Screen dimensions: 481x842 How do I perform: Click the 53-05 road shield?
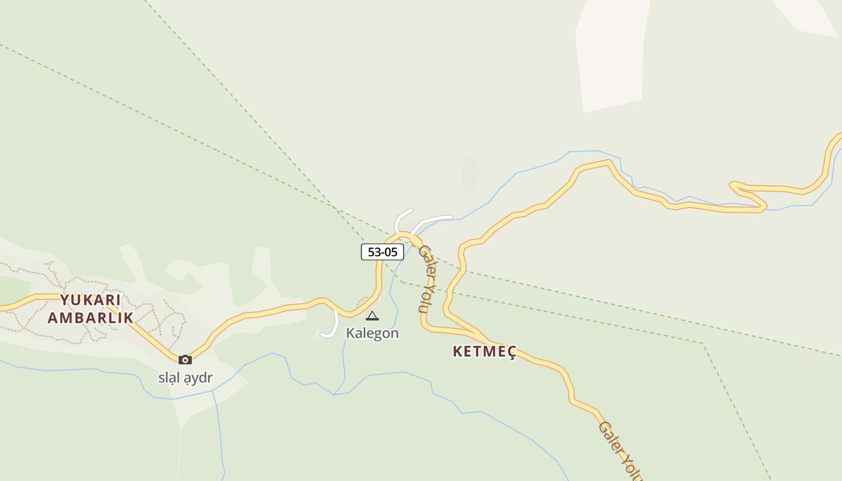click(382, 252)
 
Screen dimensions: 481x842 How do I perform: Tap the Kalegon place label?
click(372, 333)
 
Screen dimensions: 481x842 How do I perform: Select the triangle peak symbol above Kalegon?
click(372, 316)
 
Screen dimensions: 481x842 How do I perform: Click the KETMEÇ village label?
click(484, 352)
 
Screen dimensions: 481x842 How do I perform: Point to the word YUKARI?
click(90, 299)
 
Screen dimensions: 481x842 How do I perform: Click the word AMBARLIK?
click(90, 318)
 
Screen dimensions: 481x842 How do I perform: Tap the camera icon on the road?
click(185, 360)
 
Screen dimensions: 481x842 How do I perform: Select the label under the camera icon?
click(185, 378)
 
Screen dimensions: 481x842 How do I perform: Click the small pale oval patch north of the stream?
click(470, 174)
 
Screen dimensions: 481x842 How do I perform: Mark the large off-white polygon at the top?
click(610, 54)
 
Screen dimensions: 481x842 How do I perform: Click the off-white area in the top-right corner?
click(809, 15)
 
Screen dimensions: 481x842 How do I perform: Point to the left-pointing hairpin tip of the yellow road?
click(732, 185)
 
